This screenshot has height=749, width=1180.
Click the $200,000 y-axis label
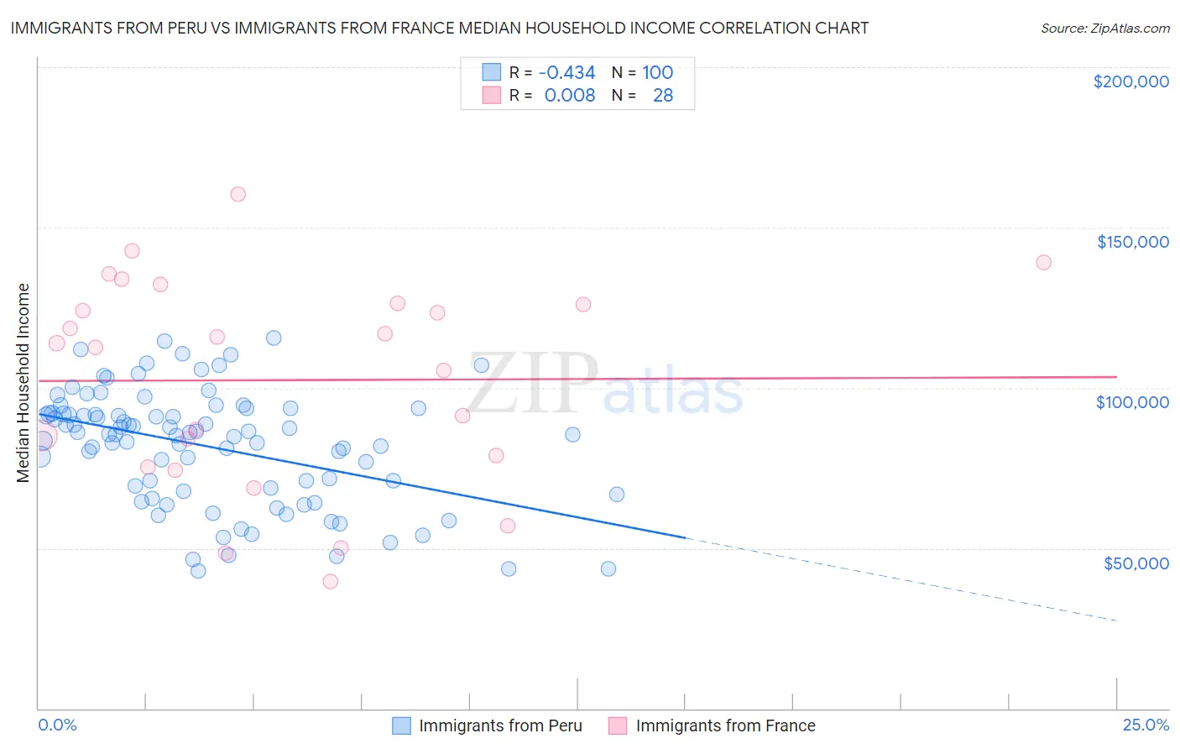[1130, 81]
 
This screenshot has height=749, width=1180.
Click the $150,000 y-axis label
[1132, 242]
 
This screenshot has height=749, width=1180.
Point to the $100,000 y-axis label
[1132, 402]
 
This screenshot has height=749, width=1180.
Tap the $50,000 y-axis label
[1136, 563]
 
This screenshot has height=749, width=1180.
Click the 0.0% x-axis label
[57, 725]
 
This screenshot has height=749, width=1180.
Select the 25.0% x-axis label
[1146, 725]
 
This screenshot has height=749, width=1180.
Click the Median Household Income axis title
[23, 383]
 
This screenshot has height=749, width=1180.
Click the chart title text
[439, 28]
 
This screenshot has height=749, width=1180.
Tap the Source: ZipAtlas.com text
[1104, 28]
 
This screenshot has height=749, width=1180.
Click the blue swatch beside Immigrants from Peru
[402, 725]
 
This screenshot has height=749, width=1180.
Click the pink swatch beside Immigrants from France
[618, 725]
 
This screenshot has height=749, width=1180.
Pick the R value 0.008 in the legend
[570, 95]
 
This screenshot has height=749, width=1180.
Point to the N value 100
[658, 72]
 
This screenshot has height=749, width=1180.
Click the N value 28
[663, 95]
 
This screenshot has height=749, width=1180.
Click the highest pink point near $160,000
[238, 194]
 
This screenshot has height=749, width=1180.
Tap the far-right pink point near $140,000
[1043, 262]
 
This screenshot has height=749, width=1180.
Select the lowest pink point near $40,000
[331, 581]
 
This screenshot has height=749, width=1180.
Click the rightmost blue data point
[616, 495]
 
